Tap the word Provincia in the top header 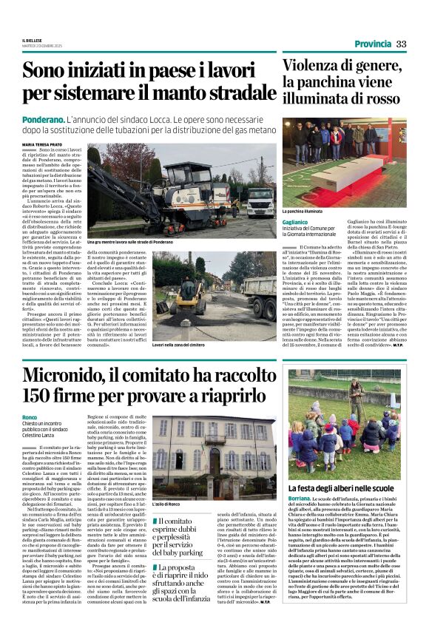pos(373,44)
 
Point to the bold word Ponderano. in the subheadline pos(41,118)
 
